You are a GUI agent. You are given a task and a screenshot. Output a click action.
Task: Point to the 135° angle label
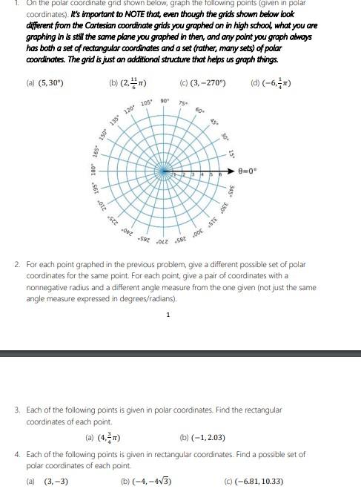tap(113, 120)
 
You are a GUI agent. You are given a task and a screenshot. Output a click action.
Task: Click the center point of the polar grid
tap(164, 171)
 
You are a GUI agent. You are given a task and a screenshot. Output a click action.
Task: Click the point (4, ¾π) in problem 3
tap(105, 438)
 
